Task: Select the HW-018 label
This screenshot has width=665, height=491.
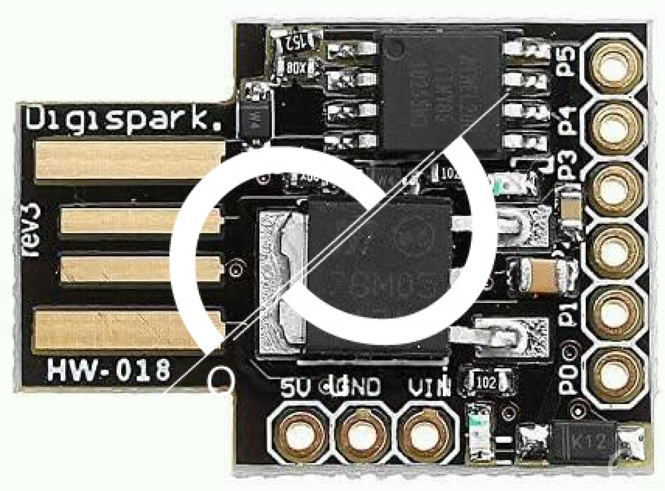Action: click(109, 369)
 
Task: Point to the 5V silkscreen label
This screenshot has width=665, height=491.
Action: click(296, 387)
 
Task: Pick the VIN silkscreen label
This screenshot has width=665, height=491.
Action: click(429, 387)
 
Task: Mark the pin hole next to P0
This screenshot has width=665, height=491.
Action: click(614, 371)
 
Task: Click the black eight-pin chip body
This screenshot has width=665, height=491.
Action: click(440, 91)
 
